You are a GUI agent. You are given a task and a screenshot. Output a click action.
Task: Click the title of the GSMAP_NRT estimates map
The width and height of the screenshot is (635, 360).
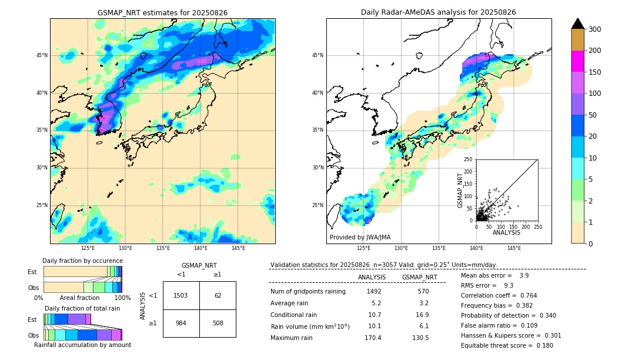(162, 12)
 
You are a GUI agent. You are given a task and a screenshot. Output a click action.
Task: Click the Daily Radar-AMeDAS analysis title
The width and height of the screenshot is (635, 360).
(439, 12)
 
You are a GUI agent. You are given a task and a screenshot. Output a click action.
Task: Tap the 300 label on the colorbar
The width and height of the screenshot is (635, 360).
(595, 29)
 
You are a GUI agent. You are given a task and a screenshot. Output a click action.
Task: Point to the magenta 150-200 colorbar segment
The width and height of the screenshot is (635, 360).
(578, 61)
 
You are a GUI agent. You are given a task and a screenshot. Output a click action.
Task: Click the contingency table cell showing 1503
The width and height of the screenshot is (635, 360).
(181, 295)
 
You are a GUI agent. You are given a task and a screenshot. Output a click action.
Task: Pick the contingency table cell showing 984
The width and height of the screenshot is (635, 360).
(181, 322)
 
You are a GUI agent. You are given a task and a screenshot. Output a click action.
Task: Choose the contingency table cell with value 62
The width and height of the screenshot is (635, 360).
(218, 295)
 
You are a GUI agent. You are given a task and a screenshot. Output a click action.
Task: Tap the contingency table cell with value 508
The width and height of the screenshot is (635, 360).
(218, 322)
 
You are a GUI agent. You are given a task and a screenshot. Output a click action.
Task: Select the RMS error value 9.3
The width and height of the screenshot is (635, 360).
(509, 285)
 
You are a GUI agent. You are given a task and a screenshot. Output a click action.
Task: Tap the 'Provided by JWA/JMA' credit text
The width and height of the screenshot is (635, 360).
(360, 237)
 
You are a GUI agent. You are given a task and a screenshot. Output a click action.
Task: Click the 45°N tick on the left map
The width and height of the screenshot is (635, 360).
(42, 55)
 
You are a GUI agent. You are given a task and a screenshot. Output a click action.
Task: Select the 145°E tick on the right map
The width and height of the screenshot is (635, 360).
(514, 248)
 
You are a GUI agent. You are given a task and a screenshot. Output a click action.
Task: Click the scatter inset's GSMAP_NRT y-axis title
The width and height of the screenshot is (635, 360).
(460, 189)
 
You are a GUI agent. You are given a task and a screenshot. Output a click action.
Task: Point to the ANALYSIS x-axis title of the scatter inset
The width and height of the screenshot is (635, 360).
(506, 232)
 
